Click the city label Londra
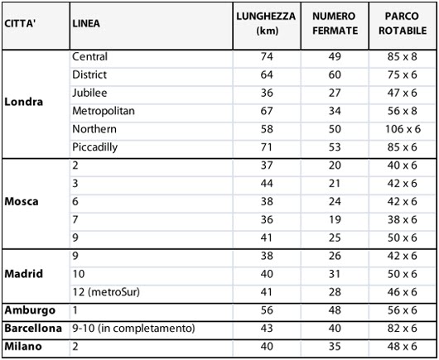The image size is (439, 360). (24, 103)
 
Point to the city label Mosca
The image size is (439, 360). (22, 201)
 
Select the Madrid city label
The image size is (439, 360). (23, 274)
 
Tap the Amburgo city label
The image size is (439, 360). (30, 310)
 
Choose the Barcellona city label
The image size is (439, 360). (34, 329)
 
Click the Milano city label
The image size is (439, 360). (25, 347)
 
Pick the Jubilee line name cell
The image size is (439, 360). (89, 93)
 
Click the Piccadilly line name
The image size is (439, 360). (94, 147)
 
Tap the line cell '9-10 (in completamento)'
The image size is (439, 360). (133, 329)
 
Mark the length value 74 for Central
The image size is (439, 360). (266, 57)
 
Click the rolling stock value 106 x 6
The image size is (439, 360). (403, 129)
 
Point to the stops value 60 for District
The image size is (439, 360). (335, 75)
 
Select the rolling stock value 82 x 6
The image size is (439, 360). (403, 329)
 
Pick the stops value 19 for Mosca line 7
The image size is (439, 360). (335, 219)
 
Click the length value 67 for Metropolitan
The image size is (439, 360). (266, 111)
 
